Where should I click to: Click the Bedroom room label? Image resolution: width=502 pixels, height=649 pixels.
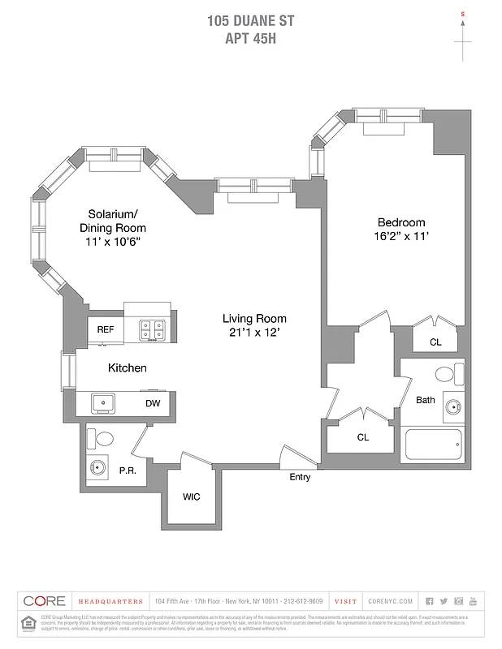400,222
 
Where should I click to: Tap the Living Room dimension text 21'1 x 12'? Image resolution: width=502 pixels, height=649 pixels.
256,333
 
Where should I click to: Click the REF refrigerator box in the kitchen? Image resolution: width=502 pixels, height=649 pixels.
106,330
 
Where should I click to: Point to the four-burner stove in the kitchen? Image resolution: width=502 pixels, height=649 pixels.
152,329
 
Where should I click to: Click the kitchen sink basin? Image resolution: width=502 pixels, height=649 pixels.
104,402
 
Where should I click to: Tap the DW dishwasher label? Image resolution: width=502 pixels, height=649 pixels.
153,403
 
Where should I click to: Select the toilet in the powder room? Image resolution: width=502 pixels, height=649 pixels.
105,439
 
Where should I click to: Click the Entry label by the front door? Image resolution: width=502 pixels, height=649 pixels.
300,477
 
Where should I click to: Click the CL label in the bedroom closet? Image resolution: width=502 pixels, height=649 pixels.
435,342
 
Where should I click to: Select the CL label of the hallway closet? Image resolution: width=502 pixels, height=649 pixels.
363,437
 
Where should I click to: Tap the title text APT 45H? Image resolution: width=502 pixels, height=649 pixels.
251,38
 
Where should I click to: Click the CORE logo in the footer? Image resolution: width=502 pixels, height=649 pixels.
45,601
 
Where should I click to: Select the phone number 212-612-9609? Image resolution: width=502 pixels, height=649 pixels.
302,601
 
